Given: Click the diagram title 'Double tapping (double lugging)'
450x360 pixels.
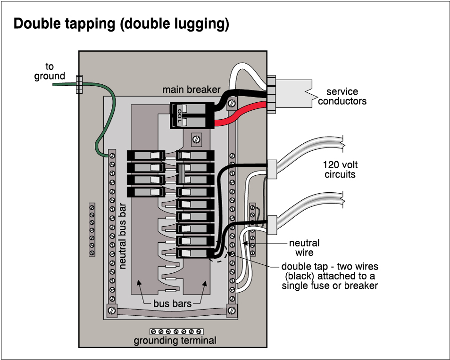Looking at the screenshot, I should point(121,24).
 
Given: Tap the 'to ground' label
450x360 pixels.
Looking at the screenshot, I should point(50,71).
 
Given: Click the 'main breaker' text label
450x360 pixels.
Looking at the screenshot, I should point(191,90).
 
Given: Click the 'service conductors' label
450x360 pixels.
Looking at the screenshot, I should point(342,96).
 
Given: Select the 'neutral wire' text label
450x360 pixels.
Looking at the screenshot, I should point(304,248).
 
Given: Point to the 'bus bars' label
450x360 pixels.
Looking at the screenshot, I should point(172,303).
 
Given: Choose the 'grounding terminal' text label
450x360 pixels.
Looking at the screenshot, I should point(175,341).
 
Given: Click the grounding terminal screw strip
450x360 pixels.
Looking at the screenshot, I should point(176,331).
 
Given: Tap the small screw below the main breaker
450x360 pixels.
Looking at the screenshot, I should point(196,139).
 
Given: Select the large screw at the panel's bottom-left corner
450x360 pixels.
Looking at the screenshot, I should point(112,311).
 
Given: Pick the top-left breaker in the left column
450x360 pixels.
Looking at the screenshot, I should point(146,155).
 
